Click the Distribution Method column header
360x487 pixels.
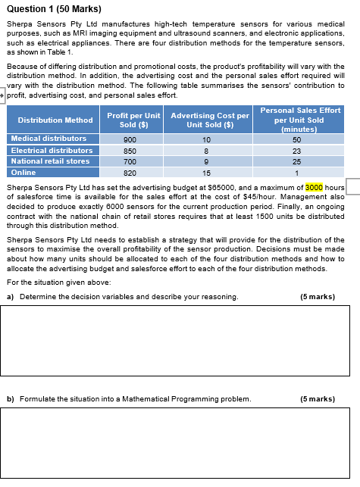(x=55, y=120)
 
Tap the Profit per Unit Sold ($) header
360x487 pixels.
(x=134, y=120)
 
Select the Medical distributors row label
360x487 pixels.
(x=49, y=139)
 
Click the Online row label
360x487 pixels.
(x=23, y=173)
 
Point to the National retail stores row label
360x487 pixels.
(x=50, y=161)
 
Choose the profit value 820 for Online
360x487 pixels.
(x=130, y=173)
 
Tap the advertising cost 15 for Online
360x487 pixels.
(x=206, y=173)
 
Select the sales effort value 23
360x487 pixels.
(x=296, y=151)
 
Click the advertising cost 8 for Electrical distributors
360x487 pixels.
(x=206, y=151)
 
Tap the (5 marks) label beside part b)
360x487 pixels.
(x=318, y=398)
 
